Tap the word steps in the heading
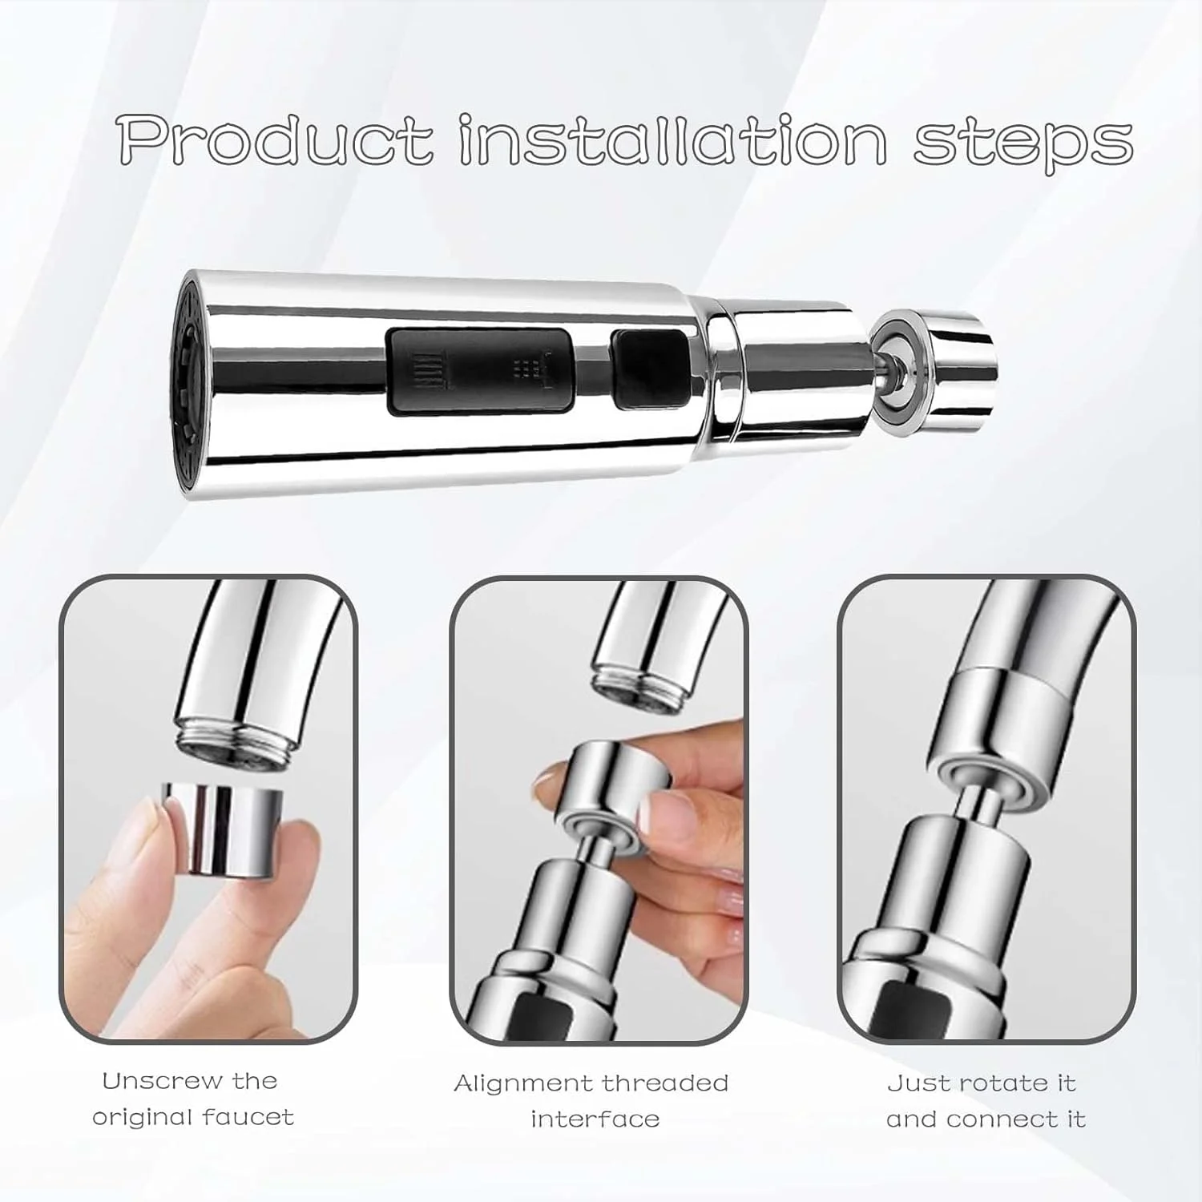point(1023,145)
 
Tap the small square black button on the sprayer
point(651,369)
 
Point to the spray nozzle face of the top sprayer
point(184,385)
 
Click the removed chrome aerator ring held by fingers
point(223,829)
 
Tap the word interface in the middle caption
point(595,1119)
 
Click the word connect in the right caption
point(1005,1119)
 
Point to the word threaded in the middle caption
point(665,1083)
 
